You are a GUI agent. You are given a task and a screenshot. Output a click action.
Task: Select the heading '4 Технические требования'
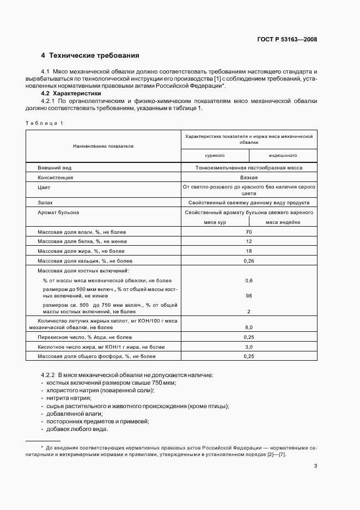click(x=90, y=56)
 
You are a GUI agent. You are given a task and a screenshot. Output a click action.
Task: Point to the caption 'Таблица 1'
click(x=45, y=123)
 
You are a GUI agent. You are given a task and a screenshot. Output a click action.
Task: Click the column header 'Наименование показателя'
click(x=103, y=146)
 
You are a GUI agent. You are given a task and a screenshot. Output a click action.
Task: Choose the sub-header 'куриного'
click(x=215, y=155)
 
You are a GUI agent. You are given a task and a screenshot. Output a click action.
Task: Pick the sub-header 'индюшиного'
click(x=282, y=155)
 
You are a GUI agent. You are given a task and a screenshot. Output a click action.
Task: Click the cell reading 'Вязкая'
click(x=248, y=178)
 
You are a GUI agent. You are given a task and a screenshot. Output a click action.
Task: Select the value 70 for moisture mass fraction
click(x=248, y=232)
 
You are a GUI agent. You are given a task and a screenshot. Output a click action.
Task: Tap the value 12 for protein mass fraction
click(x=248, y=241)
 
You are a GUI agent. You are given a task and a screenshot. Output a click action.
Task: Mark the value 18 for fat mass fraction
click(x=248, y=251)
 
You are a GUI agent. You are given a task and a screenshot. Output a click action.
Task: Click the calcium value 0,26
click(x=248, y=260)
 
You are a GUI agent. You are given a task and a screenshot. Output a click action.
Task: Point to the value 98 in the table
click(x=248, y=295)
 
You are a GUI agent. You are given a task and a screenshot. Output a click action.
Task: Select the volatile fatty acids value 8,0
click(x=248, y=327)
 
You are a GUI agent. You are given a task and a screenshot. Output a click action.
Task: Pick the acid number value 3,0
click(x=248, y=347)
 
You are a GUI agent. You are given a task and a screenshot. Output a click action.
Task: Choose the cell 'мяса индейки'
click(x=282, y=222)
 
